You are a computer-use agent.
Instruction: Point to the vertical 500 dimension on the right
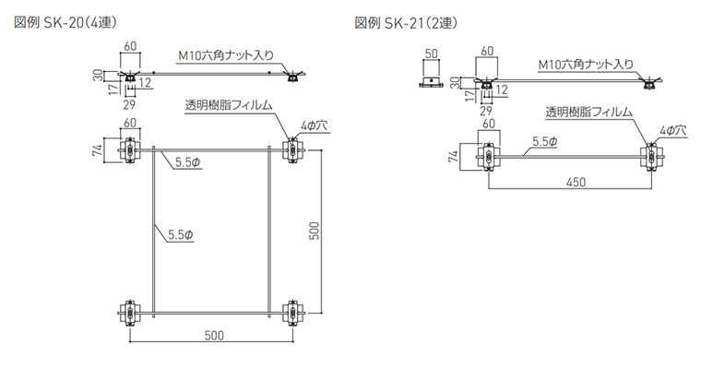314,231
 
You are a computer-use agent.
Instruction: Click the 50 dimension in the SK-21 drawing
430,52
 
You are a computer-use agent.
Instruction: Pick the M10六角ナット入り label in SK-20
225,54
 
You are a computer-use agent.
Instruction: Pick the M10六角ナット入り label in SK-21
586,65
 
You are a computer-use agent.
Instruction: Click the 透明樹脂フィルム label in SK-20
228,104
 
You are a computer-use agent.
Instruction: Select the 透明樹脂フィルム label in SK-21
588,112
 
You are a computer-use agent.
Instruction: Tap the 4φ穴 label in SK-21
673,132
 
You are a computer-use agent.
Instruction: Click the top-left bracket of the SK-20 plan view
130,150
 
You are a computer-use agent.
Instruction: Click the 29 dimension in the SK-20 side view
129,103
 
